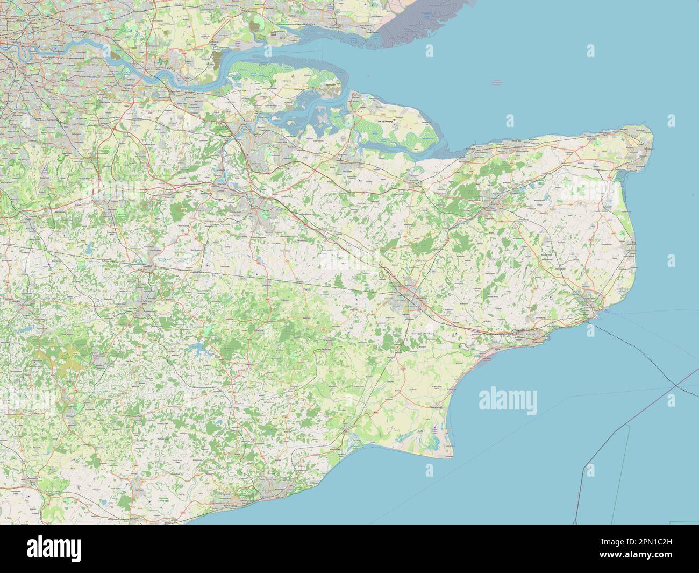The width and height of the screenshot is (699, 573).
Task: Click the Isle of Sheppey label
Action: coord(386,122)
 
